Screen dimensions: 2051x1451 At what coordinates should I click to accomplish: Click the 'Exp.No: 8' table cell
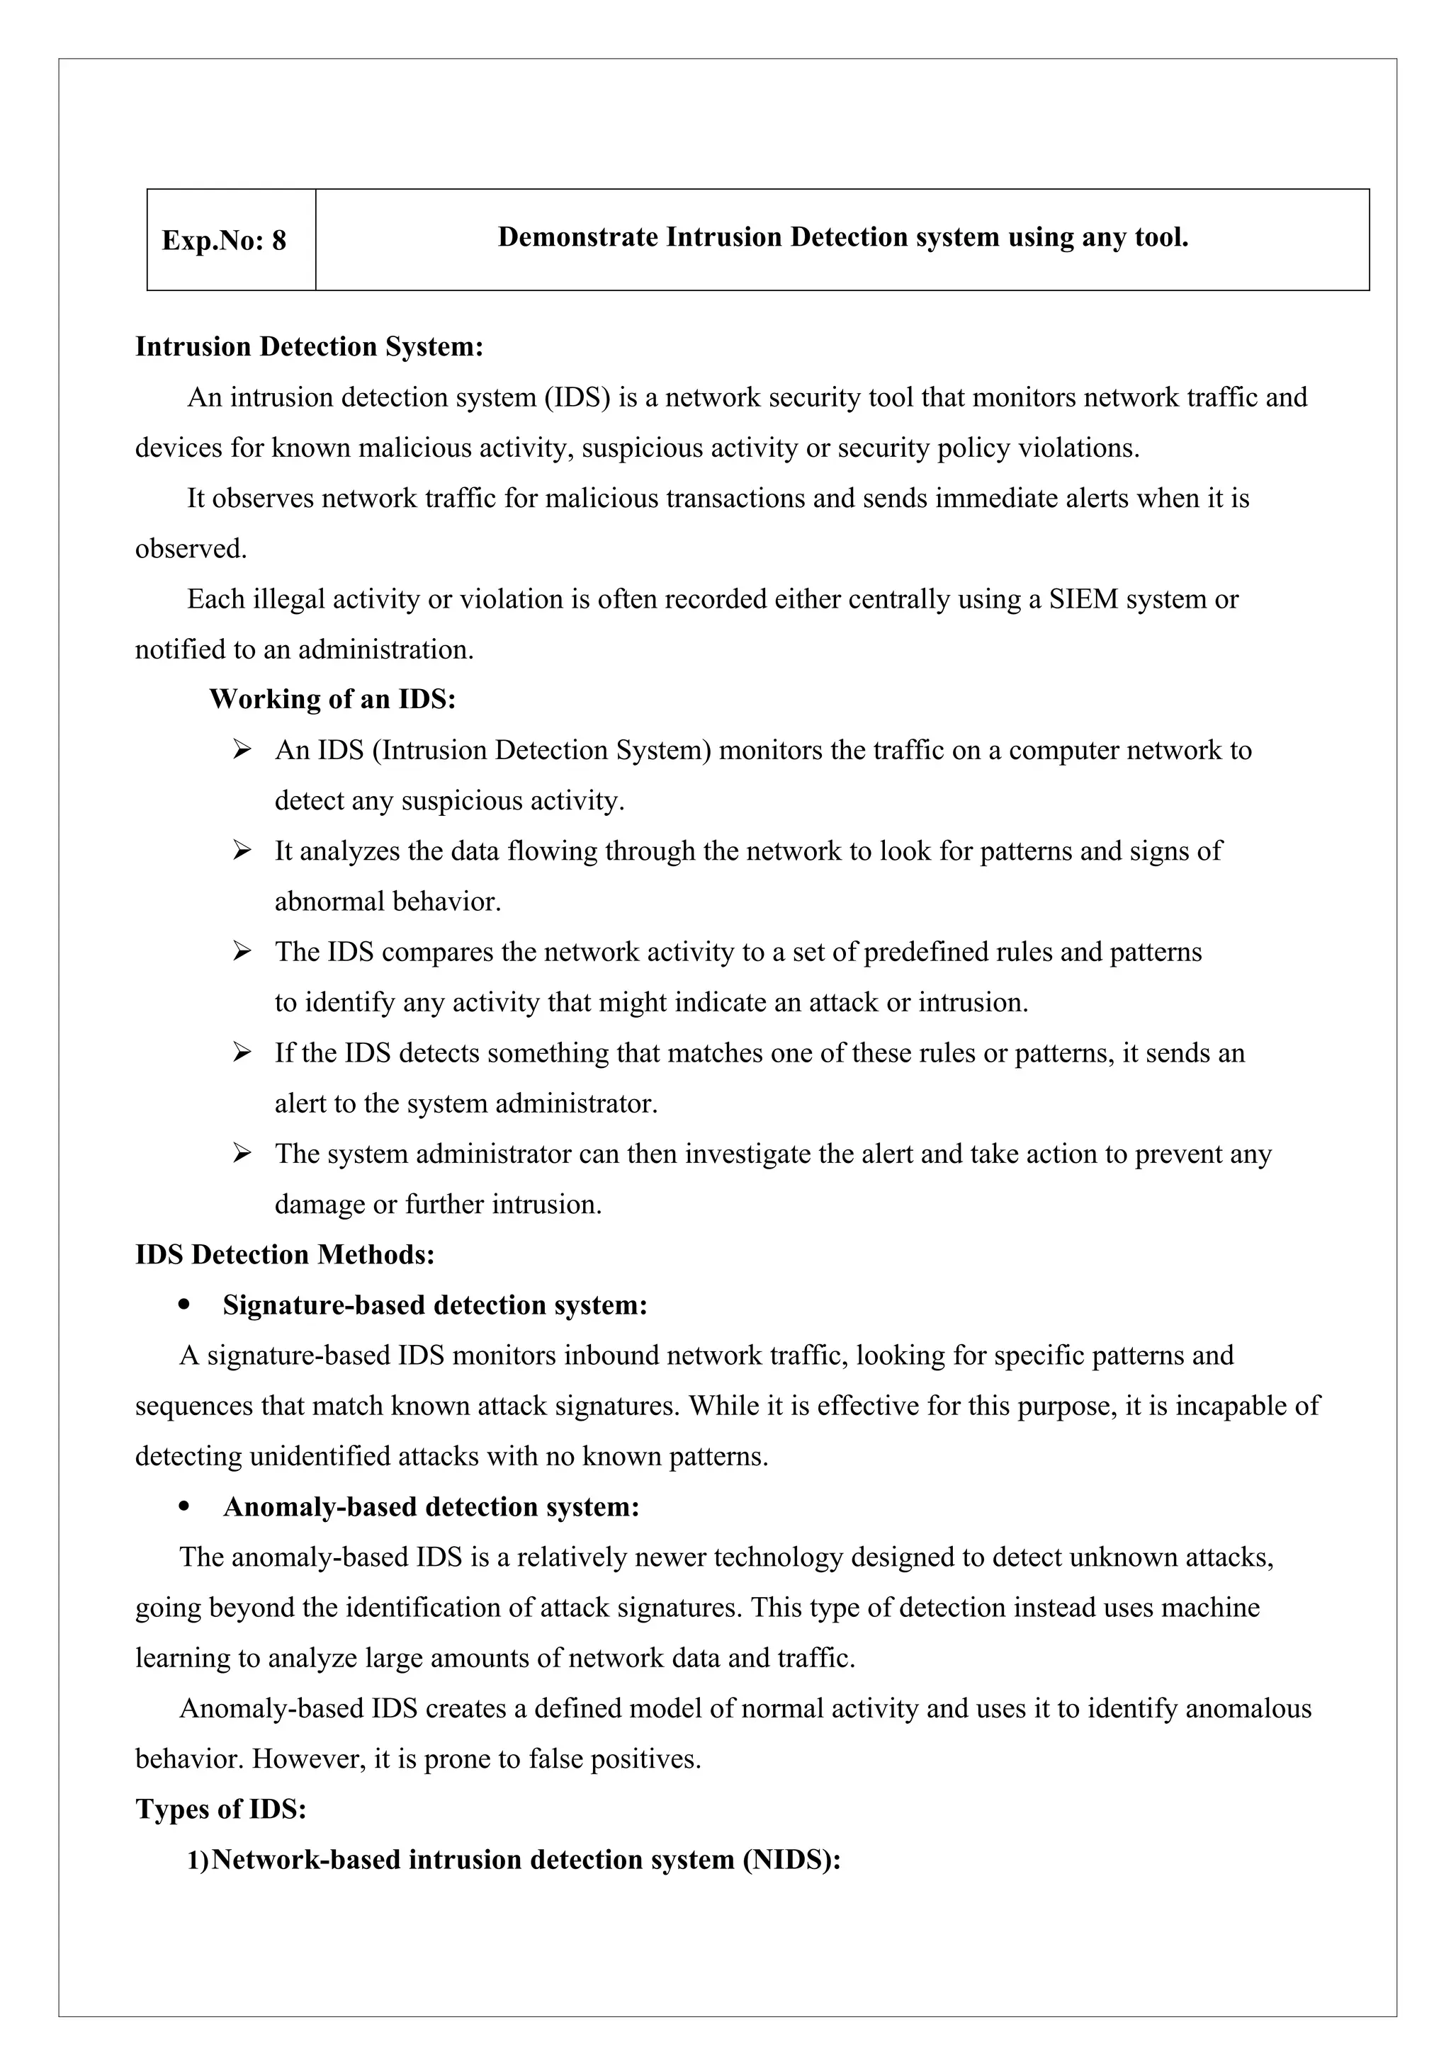225,240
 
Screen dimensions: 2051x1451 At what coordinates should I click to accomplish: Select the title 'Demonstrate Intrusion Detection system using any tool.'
842,238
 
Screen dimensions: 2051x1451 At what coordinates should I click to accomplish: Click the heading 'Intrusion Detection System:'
309,346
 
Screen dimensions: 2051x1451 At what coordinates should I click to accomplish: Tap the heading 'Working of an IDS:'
332,700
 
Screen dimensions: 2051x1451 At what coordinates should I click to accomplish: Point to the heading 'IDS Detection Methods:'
285,1255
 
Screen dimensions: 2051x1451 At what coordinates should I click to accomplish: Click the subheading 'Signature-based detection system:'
435,1305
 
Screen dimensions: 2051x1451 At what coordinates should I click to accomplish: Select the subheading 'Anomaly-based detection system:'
431,1507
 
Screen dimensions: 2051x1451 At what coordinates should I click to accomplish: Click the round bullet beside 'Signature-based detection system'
185,1306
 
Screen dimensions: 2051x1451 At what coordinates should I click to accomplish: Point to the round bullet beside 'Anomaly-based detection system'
185,1508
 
